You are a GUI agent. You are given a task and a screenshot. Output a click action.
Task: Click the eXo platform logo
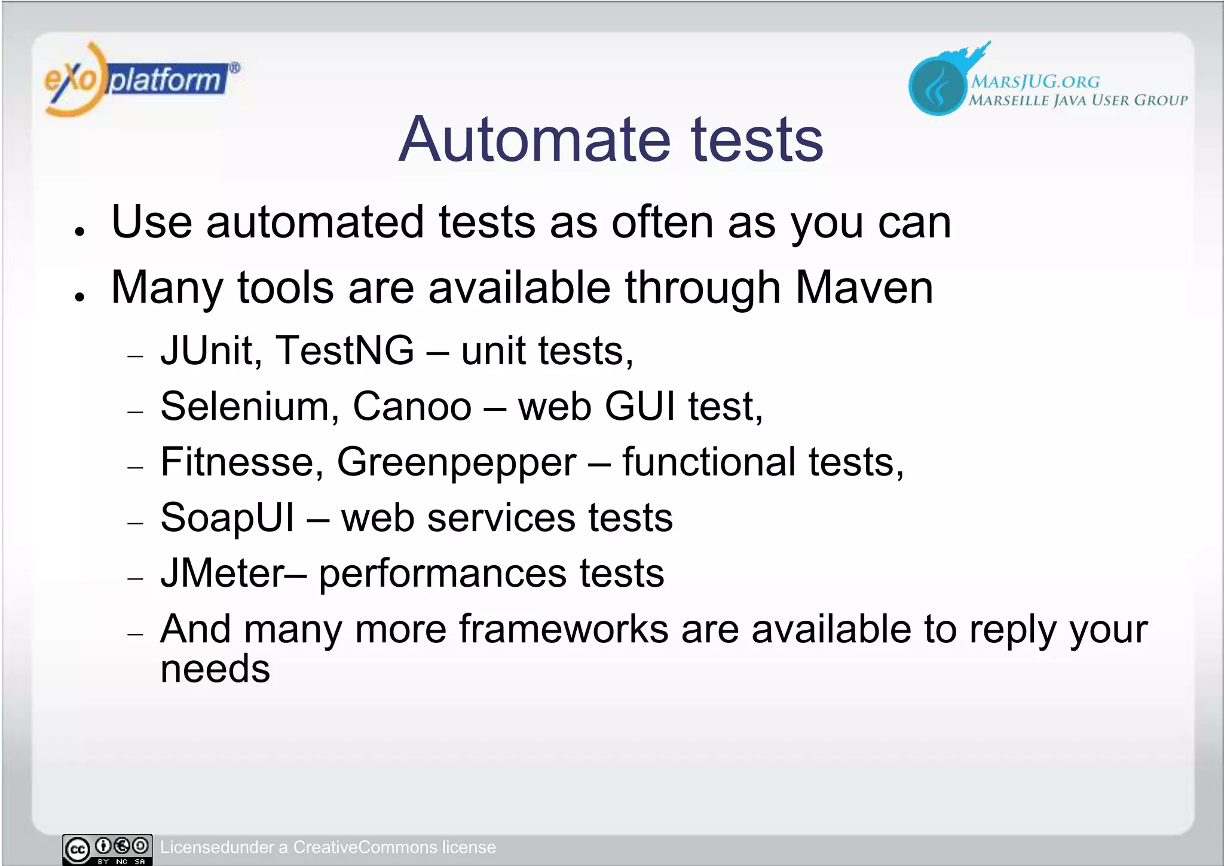(140, 80)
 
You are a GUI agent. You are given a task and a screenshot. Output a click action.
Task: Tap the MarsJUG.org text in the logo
(1035, 81)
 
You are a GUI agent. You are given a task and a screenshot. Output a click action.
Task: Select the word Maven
(864, 288)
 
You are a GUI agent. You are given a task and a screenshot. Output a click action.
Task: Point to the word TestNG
(344, 350)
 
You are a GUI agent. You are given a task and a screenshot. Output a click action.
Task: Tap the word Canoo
(412, 407)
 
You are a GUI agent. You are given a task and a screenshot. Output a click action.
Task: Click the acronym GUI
(639, 407)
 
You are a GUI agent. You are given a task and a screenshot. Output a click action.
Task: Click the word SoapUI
(227, 518)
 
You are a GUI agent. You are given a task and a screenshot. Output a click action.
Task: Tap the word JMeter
(223, 574)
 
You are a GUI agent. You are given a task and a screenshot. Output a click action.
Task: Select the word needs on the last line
(215, 669)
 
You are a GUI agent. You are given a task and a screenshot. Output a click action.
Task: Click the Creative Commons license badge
(108, 849)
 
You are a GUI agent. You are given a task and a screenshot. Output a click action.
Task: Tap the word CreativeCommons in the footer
(365, 847)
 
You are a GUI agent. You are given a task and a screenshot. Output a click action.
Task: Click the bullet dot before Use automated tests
(79, 231)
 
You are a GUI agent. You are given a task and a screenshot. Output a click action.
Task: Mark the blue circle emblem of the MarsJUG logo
(937, 87)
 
